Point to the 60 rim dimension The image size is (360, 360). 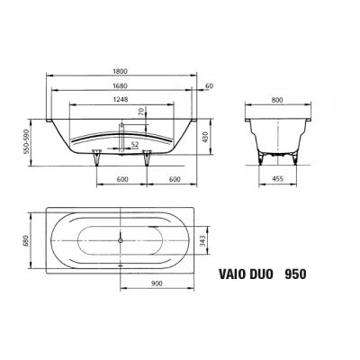pos(210,87)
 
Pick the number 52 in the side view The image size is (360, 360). pos(134,144)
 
